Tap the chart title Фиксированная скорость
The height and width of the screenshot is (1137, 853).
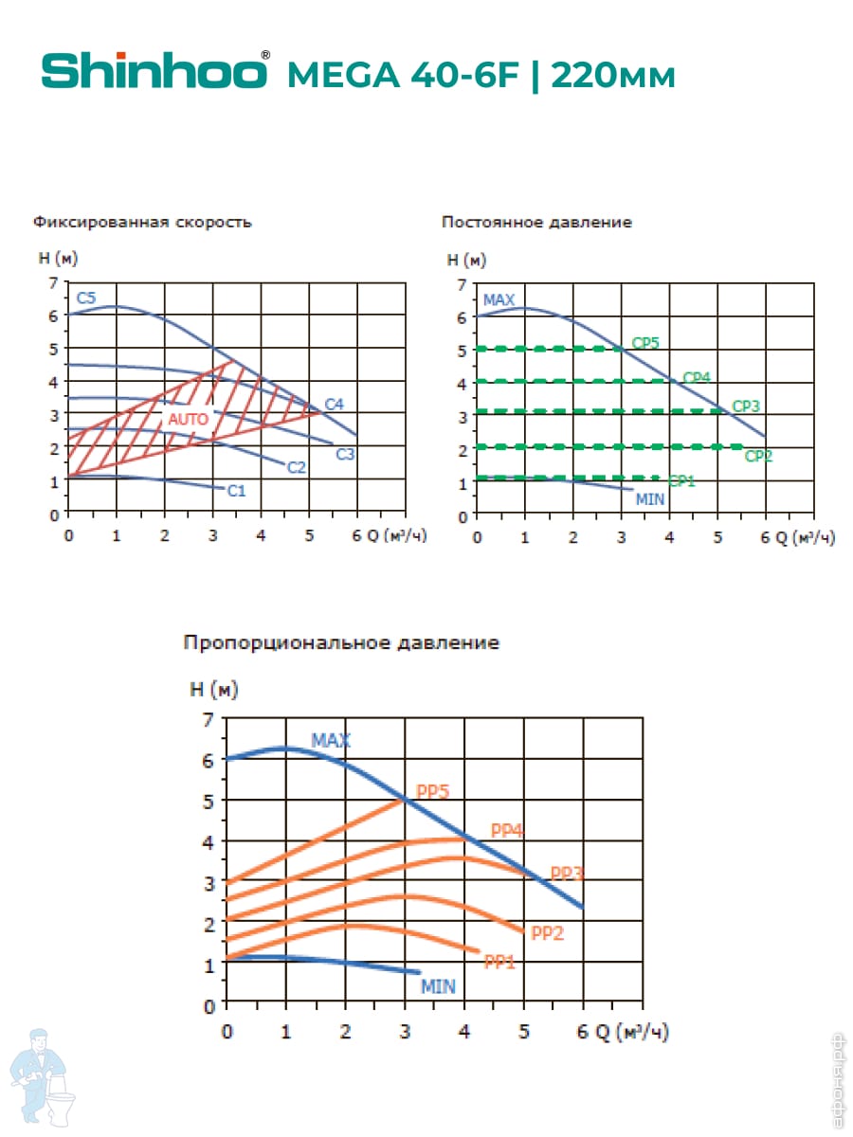[x=142, y=223]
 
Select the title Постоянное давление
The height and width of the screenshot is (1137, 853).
[x=536, y=223]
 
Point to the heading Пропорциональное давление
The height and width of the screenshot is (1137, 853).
[x=341, y=643]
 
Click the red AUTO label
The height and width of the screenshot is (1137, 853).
[x=188, y=418]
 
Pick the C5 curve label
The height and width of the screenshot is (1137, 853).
[x=86, y=298]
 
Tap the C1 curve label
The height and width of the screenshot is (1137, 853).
[x=237, y=490]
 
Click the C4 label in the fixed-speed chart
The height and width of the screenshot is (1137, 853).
[x=334, y=405]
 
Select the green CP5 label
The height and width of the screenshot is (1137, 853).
[x=644, y=343]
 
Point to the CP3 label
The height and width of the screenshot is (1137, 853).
[x=746, y=406]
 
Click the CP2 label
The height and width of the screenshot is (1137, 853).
[x=758, y=456]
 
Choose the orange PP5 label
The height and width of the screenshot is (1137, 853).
[x=432, y=792]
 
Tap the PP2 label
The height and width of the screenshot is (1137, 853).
[x=548, y=933]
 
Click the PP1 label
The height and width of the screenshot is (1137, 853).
[x=499, y=963]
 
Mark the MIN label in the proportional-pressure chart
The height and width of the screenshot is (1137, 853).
[x=438, y=986]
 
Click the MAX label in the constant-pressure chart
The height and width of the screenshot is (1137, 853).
[x=499, y=300]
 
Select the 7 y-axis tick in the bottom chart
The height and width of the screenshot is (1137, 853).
[x=209, y=719]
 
